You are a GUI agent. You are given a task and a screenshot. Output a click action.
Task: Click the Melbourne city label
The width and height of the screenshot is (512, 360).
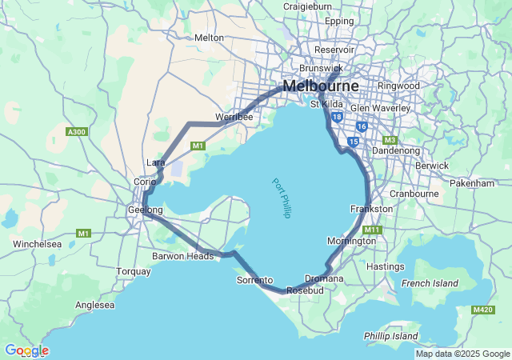point(320,85)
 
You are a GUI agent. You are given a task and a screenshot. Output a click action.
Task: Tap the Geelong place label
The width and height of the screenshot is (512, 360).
point(145,210)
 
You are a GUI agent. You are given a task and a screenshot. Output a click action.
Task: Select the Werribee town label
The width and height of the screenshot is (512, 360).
point(234,118)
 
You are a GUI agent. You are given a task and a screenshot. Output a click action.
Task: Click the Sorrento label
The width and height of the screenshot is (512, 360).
point(255,280)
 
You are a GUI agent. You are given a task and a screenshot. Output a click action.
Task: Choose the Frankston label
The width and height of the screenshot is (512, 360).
point(372,209)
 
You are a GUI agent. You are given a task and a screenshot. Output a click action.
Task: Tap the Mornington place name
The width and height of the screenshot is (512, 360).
point(351,241)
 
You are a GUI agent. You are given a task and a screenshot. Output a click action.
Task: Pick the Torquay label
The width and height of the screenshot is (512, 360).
point(133,271)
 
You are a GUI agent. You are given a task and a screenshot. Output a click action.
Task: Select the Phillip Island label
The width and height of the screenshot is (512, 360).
point(390,335)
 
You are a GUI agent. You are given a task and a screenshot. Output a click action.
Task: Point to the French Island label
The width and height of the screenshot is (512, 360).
point(430,283)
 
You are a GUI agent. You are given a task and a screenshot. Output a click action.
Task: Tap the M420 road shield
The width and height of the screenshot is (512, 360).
point(483,309)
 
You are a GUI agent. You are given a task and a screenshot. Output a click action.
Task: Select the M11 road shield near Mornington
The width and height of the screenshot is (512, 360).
point(373,230)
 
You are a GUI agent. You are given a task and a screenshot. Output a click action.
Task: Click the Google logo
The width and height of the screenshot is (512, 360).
point(26,350)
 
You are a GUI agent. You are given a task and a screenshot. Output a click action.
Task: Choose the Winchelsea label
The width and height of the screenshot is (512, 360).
point(38,243)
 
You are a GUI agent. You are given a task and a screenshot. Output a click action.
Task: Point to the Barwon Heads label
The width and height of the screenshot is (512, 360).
point(183,256)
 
